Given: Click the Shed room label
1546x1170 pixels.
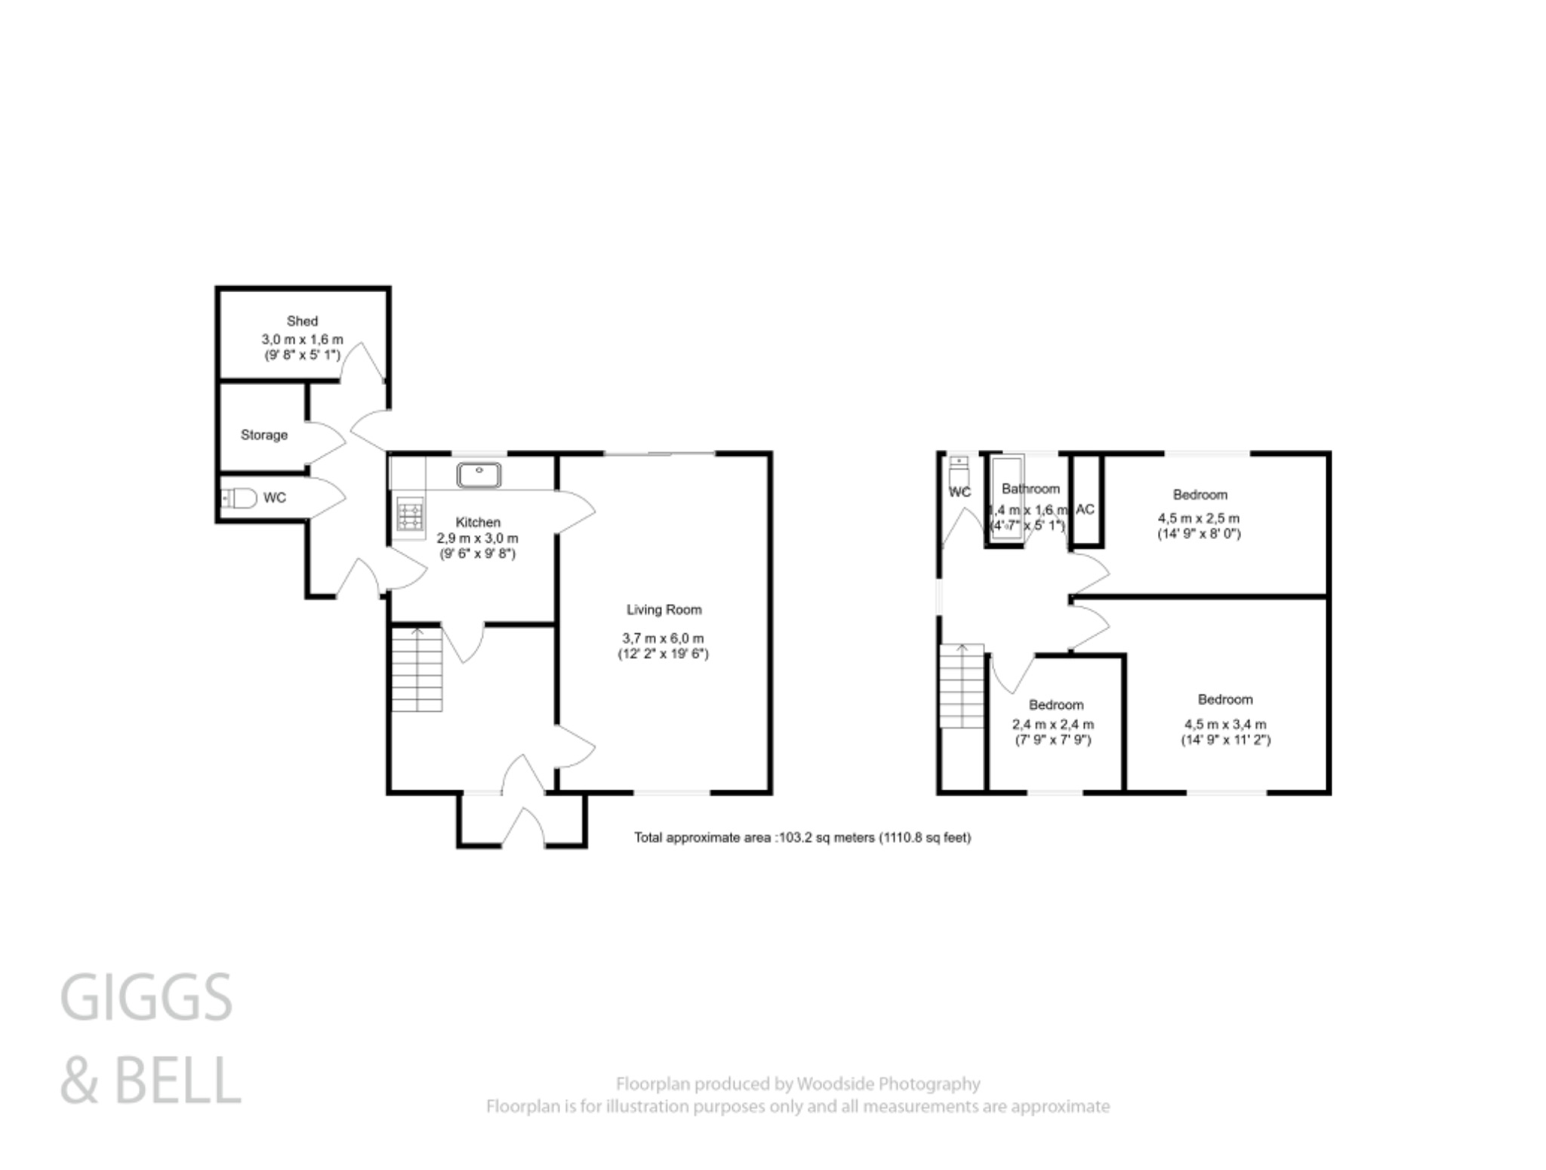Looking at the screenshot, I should coord(302,322).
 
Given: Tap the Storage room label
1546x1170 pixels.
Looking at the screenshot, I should coord(264,435).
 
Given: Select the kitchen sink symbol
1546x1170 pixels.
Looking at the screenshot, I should coord(479,475).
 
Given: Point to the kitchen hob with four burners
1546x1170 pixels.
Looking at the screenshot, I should coord(410,516).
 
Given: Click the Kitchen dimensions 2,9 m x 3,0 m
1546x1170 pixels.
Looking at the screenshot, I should coord(477,538).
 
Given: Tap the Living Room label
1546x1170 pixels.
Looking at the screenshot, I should coord(664,609).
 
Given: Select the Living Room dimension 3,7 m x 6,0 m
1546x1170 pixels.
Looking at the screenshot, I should coord(663,639).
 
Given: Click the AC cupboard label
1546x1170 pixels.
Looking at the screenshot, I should coord(1085,510).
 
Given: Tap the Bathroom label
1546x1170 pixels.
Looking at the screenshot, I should coord(1030,489).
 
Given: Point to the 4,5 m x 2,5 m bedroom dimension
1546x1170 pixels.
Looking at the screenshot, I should coord(1199,519).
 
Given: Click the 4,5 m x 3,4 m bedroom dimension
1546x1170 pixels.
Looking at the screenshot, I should coord(1225,724).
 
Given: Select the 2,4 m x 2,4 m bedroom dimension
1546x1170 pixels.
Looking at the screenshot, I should coord(1053,724).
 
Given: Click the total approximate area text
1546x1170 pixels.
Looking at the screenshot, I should coord(802,837).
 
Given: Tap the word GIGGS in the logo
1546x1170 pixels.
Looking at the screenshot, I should coord(146,998).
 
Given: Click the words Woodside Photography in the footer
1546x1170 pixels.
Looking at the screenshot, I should coord(888,1084).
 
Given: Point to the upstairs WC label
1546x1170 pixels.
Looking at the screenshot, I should coord(959,492).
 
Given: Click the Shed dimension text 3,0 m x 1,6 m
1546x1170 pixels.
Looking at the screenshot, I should coord(302,340).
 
